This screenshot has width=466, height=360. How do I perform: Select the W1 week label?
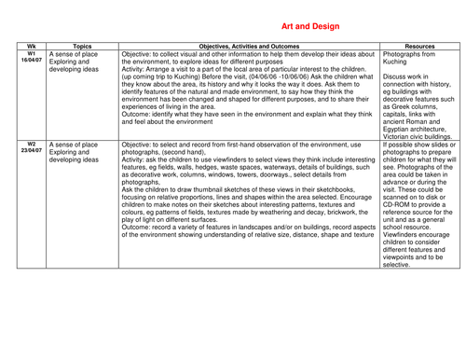click(31, 54)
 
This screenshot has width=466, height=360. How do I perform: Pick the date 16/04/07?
click(31, 62)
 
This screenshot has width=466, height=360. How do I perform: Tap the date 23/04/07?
click(31, 152)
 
